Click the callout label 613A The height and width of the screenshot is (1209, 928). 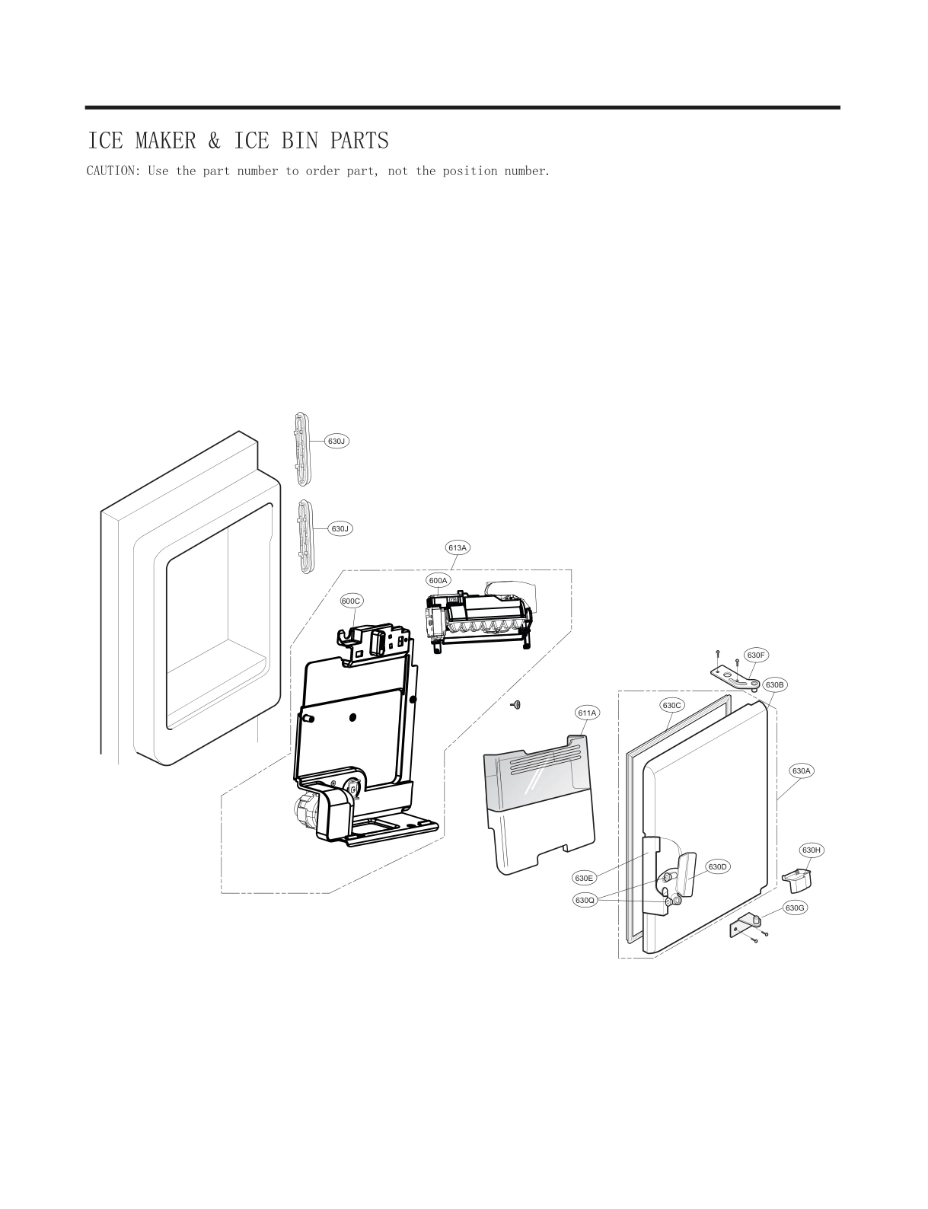[x=458, y=547]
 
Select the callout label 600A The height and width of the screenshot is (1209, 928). [x=438, y=580]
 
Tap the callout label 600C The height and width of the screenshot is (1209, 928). [x=351, y=601]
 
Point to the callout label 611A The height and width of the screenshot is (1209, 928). [x=587, y=713]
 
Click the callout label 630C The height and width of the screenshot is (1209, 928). [x=671, y=705]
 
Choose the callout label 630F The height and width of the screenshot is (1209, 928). [x=755, y=655]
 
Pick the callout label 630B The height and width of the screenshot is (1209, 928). [x=774, y=684]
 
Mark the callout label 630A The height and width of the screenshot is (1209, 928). [x=802, y=770]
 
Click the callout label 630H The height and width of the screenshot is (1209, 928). [x=812, y=849]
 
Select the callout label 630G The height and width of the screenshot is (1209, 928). [x=795, y=908]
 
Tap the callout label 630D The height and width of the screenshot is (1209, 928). [x=718, y=866]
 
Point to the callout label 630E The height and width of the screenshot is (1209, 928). [x=584, y=878]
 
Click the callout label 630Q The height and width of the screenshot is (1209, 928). [x=585, y=901]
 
